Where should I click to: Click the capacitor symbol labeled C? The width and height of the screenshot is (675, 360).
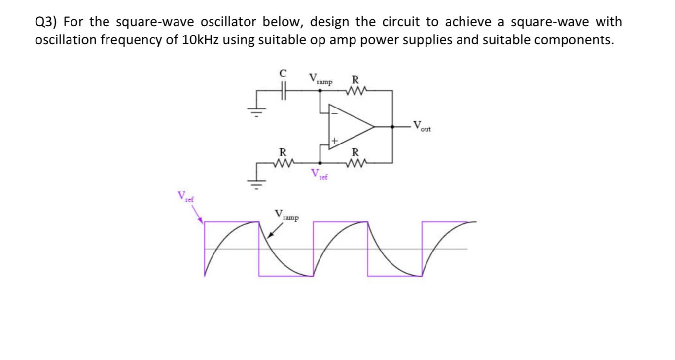(x=283, y=91)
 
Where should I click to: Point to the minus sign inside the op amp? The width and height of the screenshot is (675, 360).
(x=334, y=113)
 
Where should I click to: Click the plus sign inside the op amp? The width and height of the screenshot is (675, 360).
(x=334, y=141)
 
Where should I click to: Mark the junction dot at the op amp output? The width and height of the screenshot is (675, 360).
(x=392, y=127)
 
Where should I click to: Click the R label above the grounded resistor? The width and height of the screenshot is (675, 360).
(x=283, y=151)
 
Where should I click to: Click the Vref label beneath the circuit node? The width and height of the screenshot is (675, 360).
(x=320, y=174)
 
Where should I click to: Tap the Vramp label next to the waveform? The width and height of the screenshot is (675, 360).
(x=286, y=216)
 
